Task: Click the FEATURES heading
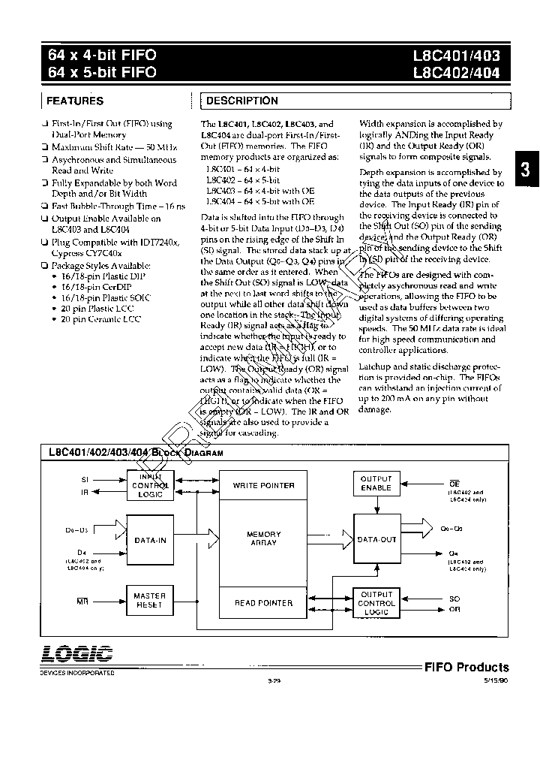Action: (x=75, y=101)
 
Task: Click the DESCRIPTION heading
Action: (x=241, y=101)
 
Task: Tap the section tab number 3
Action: (x=526, y=171)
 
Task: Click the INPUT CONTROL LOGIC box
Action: (x=150, y=485)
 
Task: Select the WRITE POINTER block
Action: (x=264, y=486)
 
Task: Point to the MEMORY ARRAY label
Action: (x=264, y=538)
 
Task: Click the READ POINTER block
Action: (x=264, y=603)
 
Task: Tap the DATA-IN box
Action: (x=150, y=540)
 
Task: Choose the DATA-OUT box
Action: (x=376, y=540)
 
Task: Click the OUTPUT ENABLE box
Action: (x=376, y=483)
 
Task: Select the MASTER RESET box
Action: (x=150, y=600)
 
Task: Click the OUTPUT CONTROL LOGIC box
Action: (x=376, y=603)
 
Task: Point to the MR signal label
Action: (x=83, y=602)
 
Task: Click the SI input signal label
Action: (x=84, y=478)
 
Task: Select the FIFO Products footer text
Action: (x=466, y=667)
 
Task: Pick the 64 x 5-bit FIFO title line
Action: (x=102, y=73)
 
